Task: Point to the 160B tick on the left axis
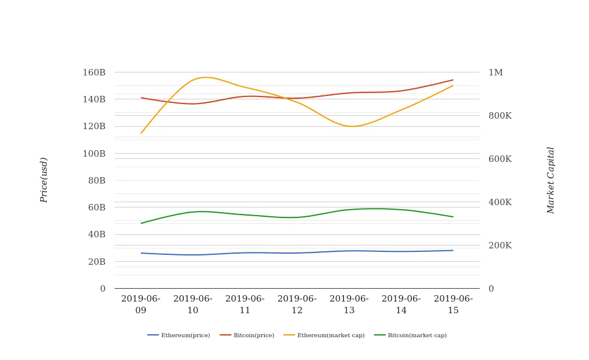[94, 72]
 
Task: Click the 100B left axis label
[94, 154]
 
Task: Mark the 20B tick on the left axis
[96, 262]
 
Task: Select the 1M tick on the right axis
[496, 72]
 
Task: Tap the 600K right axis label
[500, 159]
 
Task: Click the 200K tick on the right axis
[500, 245]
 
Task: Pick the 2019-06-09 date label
[141, 304]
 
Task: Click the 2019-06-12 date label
[297, 304]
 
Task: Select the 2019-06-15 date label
[453, 304]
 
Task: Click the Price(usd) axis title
[44, 180]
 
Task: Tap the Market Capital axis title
[550, 180]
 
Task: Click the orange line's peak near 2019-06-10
[206, 77]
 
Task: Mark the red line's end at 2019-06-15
[453, 80]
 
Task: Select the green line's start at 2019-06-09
[141, 223]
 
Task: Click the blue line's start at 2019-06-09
[141, 253]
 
